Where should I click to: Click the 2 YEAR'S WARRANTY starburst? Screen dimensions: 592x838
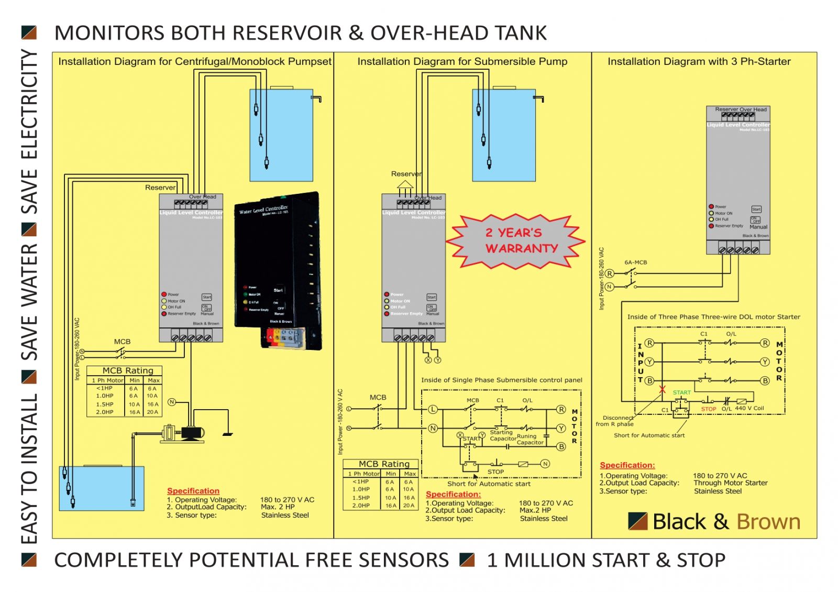pyautogui.click(x=516, y=241)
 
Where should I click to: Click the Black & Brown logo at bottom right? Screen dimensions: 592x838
pyautogui.click(x=714, y=522)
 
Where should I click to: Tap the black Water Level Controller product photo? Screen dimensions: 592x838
pyautogui.click(x=278, y=270)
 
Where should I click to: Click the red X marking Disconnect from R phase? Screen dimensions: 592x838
pyautogui.click(x=663, y=389)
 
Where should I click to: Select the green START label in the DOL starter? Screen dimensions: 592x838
pyautogui.click(x=681, y=392)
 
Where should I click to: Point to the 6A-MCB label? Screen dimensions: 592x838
pyautogui.click(x=635, y=262)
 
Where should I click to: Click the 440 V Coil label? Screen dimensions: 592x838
pyautogui.click(x=749, y=408)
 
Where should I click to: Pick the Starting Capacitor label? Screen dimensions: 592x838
pyautogui.click(x=502, y=435)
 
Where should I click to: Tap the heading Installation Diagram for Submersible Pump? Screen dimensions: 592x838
pyautogui.click(x=462, y=61)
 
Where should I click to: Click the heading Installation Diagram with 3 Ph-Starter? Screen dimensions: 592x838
pyautogui.click(x=699, y=61)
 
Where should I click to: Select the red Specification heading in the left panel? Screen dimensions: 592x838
pyautogui.click(x=193, y=491)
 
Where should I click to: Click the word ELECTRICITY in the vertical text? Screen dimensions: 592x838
pyautogui.click(x=30, y=105)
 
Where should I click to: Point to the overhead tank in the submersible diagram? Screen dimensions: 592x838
pyautogui.click(x=504, y=135)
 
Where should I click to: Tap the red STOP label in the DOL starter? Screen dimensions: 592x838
pyautogui.click(x=708, y=409)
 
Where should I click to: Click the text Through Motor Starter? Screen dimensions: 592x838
pyautogui.click(x=730, y=483)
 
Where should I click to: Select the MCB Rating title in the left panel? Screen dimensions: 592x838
pyautogui.click(x=128, y=370)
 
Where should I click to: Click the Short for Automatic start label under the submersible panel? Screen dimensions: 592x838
pyautogui.click(x=488, y=484)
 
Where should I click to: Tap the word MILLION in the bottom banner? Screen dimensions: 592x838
pyautogui.click(x=564, y=560)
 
